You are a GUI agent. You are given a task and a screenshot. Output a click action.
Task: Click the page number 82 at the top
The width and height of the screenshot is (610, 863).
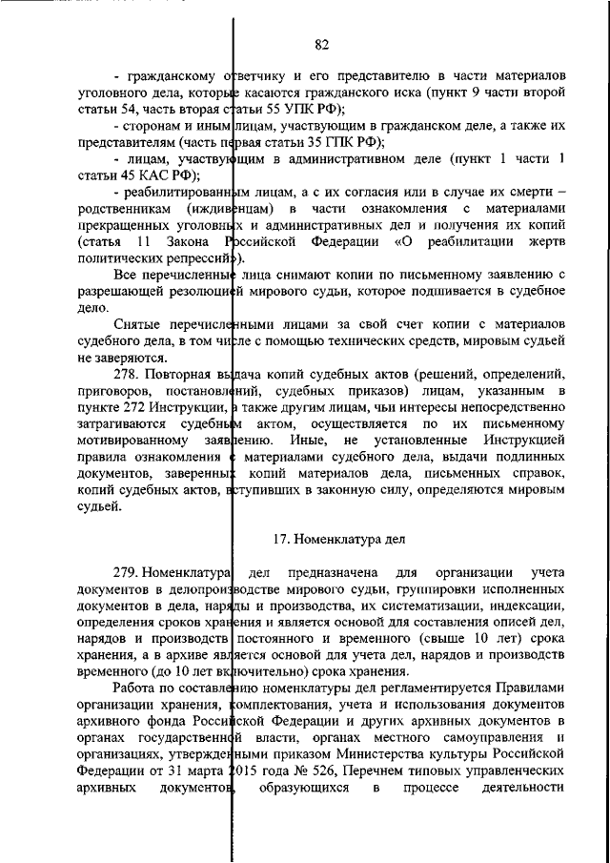point(321,43)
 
